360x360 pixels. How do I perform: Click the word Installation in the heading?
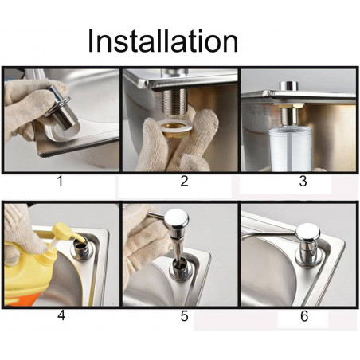pyautogui.click(x=162, y=41)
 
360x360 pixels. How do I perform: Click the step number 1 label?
pyautogui.click(x=61, y=181)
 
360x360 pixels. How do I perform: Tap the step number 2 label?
pyautogui.click(x=184, y=181)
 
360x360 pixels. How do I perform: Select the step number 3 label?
pyautogui.click(x=303, y=181)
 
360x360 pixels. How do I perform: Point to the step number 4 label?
pyautogui.click(x=61, y=315)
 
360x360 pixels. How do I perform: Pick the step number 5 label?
pyautogui.click(x=184, y=315)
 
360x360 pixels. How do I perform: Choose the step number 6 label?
pyautogui.click(x=304, y=315)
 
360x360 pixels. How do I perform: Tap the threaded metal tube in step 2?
pyautogui.click(x=175, y=102)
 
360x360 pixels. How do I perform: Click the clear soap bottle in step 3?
pyautogui.click(x=290, y=149)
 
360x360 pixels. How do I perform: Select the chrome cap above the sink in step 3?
pyautogui.click(x=289, y=86)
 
